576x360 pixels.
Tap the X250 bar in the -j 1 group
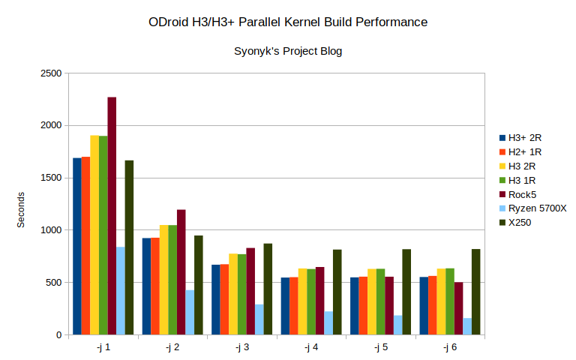[x=129, y=247]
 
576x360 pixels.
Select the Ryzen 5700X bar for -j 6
[x=467, y=326]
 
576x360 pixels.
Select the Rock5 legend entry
[x=522, y=194]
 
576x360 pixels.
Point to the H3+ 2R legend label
[x=525, y=137]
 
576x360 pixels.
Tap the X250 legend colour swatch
[x=502, y=223]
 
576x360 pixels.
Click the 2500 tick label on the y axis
[x=51, y=73]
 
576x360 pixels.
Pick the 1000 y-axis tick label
[x=51, y=230]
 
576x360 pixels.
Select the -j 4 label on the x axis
[x=310, y=347]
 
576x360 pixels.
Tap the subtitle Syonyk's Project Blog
[x=289, y=51]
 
